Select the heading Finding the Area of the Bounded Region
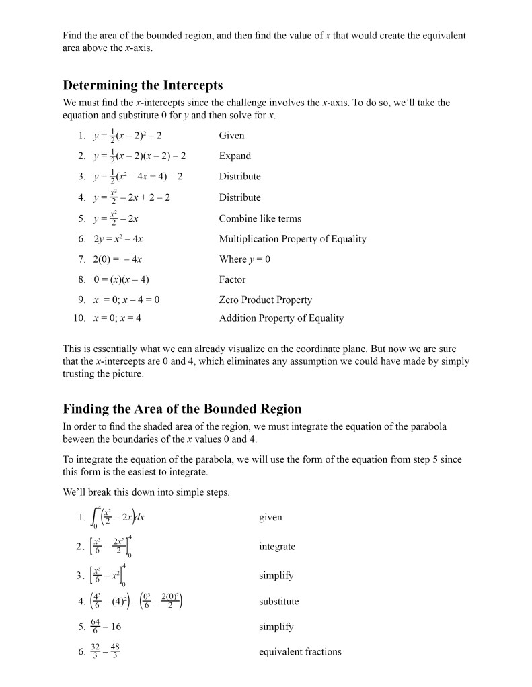click(x=182, y=409)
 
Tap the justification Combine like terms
click(x=260, y=218)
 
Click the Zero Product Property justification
click(x=265, y=300)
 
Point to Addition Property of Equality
click(x=281, y=318)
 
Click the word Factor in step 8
click(x=232, y=279)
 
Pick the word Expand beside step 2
click(x=235, y=156)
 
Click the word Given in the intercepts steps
click(x=231, y=136)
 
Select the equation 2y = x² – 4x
click(x=118, y=239)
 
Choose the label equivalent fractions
click(x=300, y=651)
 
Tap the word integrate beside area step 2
click(x=277, y=547)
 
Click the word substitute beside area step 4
click(x=278, y=601)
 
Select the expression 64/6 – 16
click(x=106, y=627)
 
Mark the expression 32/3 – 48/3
click(x=106, y=651)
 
